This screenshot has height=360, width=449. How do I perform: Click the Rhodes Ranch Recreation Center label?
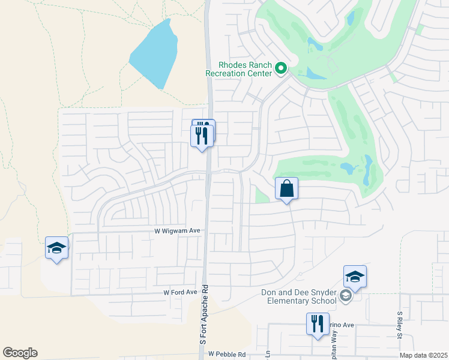[237, 69]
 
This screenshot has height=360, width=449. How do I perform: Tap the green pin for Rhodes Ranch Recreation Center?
[280, 69]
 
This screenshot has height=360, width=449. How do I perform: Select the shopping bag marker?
[286, 189]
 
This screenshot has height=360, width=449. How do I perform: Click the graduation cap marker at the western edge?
[57, 248]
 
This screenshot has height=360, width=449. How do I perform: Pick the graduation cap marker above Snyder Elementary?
[355, 277]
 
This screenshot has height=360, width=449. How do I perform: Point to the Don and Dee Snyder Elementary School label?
[298, 296]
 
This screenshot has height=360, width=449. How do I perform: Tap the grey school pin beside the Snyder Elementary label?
[345, 296]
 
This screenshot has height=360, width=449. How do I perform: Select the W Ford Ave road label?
[180, 292]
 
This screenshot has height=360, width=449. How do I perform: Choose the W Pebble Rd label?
[228, 355]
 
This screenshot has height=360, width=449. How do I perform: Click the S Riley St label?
[399, 325]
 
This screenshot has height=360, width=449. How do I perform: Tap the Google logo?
[20, 353]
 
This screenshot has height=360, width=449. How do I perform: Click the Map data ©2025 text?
[423, 355]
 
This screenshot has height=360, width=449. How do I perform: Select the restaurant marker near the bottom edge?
[317, 324]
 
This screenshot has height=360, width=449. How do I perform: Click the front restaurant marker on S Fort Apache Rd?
[202, 136]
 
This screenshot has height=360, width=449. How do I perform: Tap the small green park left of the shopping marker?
[261, 194]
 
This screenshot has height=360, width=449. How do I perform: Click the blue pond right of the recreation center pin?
[316, 73]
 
